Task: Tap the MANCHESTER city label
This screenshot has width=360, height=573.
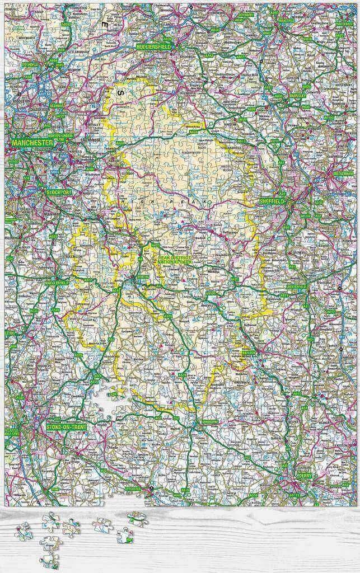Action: coord(32,143)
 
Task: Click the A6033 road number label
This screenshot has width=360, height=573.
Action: coord(66,25)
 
